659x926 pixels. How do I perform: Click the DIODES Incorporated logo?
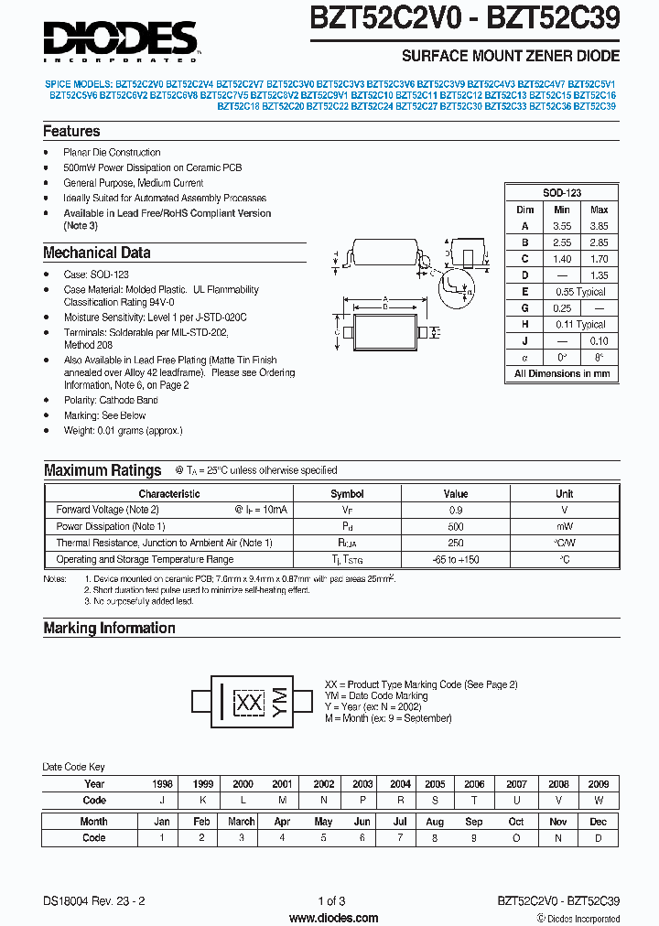coord(120,39)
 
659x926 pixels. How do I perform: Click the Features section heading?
coord(71,132)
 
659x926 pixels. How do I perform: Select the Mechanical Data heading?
coord(96,253)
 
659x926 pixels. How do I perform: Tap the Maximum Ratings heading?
coord(103,470)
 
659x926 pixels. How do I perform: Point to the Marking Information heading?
coord(109,628)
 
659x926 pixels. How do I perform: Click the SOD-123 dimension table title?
coord(561,193)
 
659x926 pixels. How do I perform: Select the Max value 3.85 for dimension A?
coord(599,226)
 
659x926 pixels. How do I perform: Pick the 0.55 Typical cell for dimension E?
coord(580,292)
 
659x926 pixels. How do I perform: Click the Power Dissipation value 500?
coord(456,526)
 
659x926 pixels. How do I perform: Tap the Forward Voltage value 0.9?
coord(456,510)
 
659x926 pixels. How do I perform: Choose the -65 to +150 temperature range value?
coord(456,559)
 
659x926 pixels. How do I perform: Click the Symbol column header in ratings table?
coord(347,493)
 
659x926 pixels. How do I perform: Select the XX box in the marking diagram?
coord(247,703)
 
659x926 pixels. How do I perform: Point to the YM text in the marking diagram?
coord(280,702)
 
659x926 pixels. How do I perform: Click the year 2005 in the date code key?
coord(435,784)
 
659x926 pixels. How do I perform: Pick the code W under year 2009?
coord(599,800)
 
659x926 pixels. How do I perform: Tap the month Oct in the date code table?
coord(516,822)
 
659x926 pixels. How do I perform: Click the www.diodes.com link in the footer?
coord(333,917)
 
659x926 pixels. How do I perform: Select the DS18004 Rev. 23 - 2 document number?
coord(93,900)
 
